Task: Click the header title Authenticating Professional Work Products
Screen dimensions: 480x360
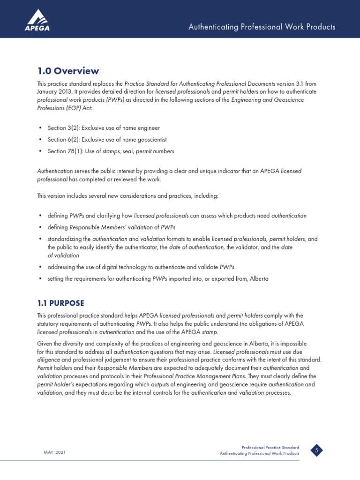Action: tap(262, 27)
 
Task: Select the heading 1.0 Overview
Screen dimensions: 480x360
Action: tap(68, 71)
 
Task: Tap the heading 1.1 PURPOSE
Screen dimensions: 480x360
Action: tap(60, 303)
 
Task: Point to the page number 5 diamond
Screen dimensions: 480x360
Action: tap(317, 451)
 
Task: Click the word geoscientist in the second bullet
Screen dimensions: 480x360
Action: tap(151, 140)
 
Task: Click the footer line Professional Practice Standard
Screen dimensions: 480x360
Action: tap(270, 448)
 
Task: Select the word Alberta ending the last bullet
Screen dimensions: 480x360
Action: tap(259, 278)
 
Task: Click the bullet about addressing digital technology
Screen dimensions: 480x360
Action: tap(141, 267)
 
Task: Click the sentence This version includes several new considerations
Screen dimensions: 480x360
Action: tap(127, 196)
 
